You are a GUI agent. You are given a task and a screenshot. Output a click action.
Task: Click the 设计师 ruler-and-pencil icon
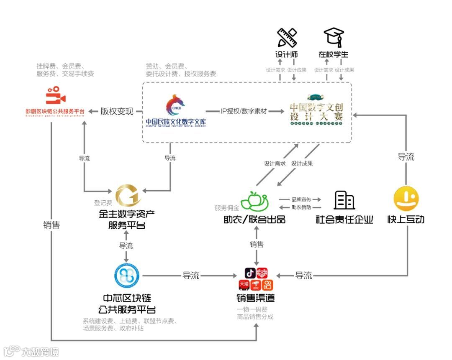(x=287, y=38)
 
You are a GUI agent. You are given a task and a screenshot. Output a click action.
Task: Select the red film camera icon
(x=55, y=96)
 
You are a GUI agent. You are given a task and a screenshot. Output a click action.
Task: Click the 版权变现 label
(x=117, y=111)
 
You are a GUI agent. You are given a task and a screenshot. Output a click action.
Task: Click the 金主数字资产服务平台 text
(x=126, y=220)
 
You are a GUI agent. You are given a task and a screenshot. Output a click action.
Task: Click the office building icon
(x=344, y=200)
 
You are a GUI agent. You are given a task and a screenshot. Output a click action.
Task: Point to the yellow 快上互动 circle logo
(x=406, y=199)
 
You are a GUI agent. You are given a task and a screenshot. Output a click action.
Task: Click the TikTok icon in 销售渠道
(x=250, y=273)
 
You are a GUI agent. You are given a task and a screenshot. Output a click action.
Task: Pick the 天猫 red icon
(x=244, y=285)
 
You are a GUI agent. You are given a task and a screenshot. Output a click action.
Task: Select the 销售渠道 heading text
(x=255, y=298)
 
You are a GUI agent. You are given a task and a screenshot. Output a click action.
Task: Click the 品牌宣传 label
(x=301, y=199)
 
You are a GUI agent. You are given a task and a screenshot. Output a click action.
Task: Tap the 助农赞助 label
(x=301, y=207)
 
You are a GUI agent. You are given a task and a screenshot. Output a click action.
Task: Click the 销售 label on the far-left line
(x=51, y=225)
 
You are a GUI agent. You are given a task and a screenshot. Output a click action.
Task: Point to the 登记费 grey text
(x=103, y=203)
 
